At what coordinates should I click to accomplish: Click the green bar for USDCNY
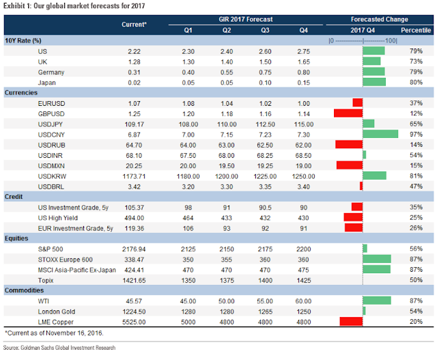pyautogui.click(x=380, y=134)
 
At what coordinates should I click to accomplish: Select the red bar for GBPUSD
pyautogui.click(x=348, y=113)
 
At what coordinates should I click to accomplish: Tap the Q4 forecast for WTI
pyautogui.click(x=303, y=301)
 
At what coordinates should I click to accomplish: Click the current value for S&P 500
pyautogui.click(x=134, y=249)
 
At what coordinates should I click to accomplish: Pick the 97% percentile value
pyautogui.click(x=416, y=134)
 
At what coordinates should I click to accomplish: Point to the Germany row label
pyautogui.click(x=51, y=72)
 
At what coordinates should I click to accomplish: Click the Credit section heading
pyautogui.click(x=14, y=197)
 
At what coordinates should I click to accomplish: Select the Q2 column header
pyautogui.click(x=227, y=30)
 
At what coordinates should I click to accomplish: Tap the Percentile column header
pyautogui.click(x=416, y=30)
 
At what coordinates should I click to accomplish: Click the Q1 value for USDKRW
pyautogui.click(x=188, y=176)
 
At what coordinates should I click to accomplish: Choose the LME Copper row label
pyautogui.click(x=56, y=322)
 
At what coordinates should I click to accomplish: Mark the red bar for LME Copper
pyautogui.click(x=351, y=322)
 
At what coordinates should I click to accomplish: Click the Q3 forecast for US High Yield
pyautogui.click(x=265, y=218)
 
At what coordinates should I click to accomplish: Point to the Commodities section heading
pyautogui.click(x=25, y=290)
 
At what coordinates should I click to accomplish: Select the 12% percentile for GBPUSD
pyautogui.click(x=416, y=113)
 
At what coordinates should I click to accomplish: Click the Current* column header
pyautogui.click(x=134, y=25)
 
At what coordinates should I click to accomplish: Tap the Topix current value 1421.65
pyautogui.click(x=134, y=280)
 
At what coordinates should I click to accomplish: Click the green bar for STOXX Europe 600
pyautogui.click(x=377, y=259)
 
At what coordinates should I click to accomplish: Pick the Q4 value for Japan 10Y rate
pyautogui.click(x=303, y=83)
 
